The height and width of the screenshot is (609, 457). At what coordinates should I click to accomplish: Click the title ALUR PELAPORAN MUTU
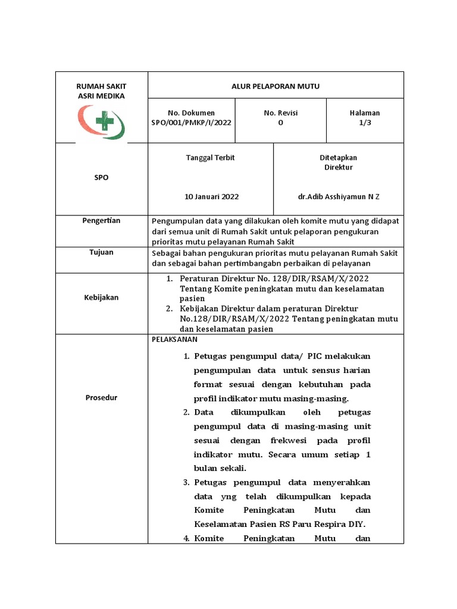[276, 86]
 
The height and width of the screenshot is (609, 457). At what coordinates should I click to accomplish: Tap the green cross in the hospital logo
[105, 121]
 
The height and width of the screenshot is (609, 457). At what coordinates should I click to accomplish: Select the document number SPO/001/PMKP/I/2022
[191, 123]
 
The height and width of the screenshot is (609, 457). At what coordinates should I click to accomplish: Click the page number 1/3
[365, 123]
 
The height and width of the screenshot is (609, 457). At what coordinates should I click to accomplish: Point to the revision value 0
[281, 123]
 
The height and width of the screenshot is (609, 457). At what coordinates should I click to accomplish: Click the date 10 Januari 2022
[212, 196]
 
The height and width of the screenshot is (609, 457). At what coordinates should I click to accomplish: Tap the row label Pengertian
[101, 221]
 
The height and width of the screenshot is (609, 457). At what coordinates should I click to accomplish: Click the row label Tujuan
[101, 252]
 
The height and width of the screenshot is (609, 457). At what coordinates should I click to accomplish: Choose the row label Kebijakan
[101, 297]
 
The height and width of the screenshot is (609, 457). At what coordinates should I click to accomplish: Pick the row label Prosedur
[101, 398]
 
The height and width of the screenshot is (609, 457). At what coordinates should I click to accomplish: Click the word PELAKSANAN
[175, 340]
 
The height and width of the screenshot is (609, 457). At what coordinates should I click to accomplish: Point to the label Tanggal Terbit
[210, 158]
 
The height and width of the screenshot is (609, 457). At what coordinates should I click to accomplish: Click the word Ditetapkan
[338, 158]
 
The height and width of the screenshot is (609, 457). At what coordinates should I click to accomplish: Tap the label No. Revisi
[281, 113]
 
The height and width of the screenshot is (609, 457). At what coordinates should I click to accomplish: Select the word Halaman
[365, 113]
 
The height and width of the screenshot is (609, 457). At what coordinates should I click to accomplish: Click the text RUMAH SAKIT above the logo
[101, 86]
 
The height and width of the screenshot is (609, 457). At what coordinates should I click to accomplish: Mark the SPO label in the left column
[101, 178]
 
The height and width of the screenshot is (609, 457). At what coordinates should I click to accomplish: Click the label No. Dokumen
[191, 113]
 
